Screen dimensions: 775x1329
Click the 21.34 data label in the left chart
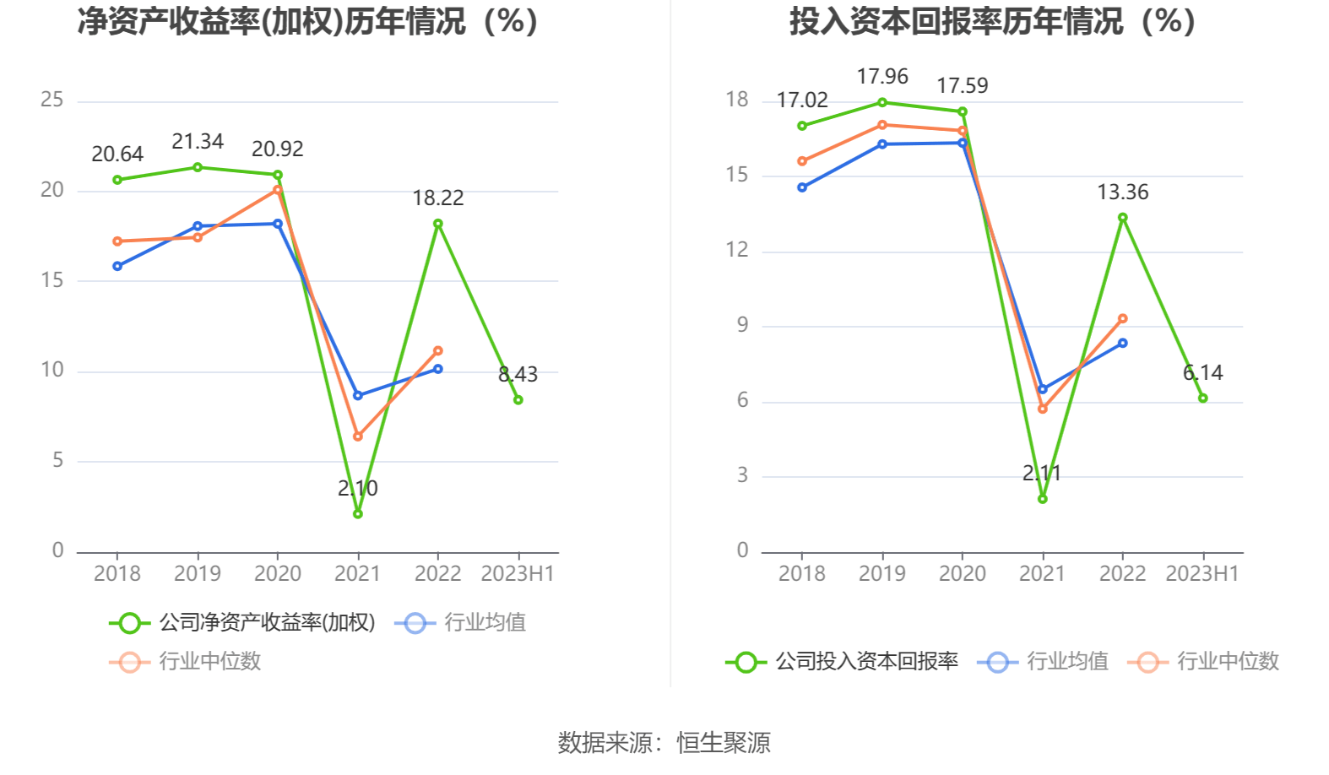[198, 141]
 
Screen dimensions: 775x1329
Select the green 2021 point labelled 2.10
[357, 513]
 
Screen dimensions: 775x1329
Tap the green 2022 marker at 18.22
[437, 224]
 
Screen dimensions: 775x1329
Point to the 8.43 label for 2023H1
[518, 374]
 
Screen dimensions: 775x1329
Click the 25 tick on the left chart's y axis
[52, 100]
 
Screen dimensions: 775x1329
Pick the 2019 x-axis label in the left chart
[198, 574]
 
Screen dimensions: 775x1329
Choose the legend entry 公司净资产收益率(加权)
[243, 623]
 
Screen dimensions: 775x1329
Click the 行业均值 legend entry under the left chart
[461, 623]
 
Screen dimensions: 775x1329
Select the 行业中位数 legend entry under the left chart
[186, 661]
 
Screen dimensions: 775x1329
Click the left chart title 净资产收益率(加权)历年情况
[307, 21]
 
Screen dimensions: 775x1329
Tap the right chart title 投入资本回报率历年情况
[992, 21]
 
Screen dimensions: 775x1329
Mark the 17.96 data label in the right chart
[882, 77]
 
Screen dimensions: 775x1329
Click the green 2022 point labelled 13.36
[1122, 218]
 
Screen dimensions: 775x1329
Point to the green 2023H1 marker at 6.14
[1202, 398]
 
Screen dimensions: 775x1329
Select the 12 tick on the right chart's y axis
[737, 250]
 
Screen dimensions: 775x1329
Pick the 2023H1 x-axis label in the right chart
[1202, 574]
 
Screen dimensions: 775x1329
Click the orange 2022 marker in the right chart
[1122, 319]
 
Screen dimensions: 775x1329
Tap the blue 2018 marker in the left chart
[117, 266]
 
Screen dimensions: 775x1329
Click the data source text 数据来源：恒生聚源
[664, 743]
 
